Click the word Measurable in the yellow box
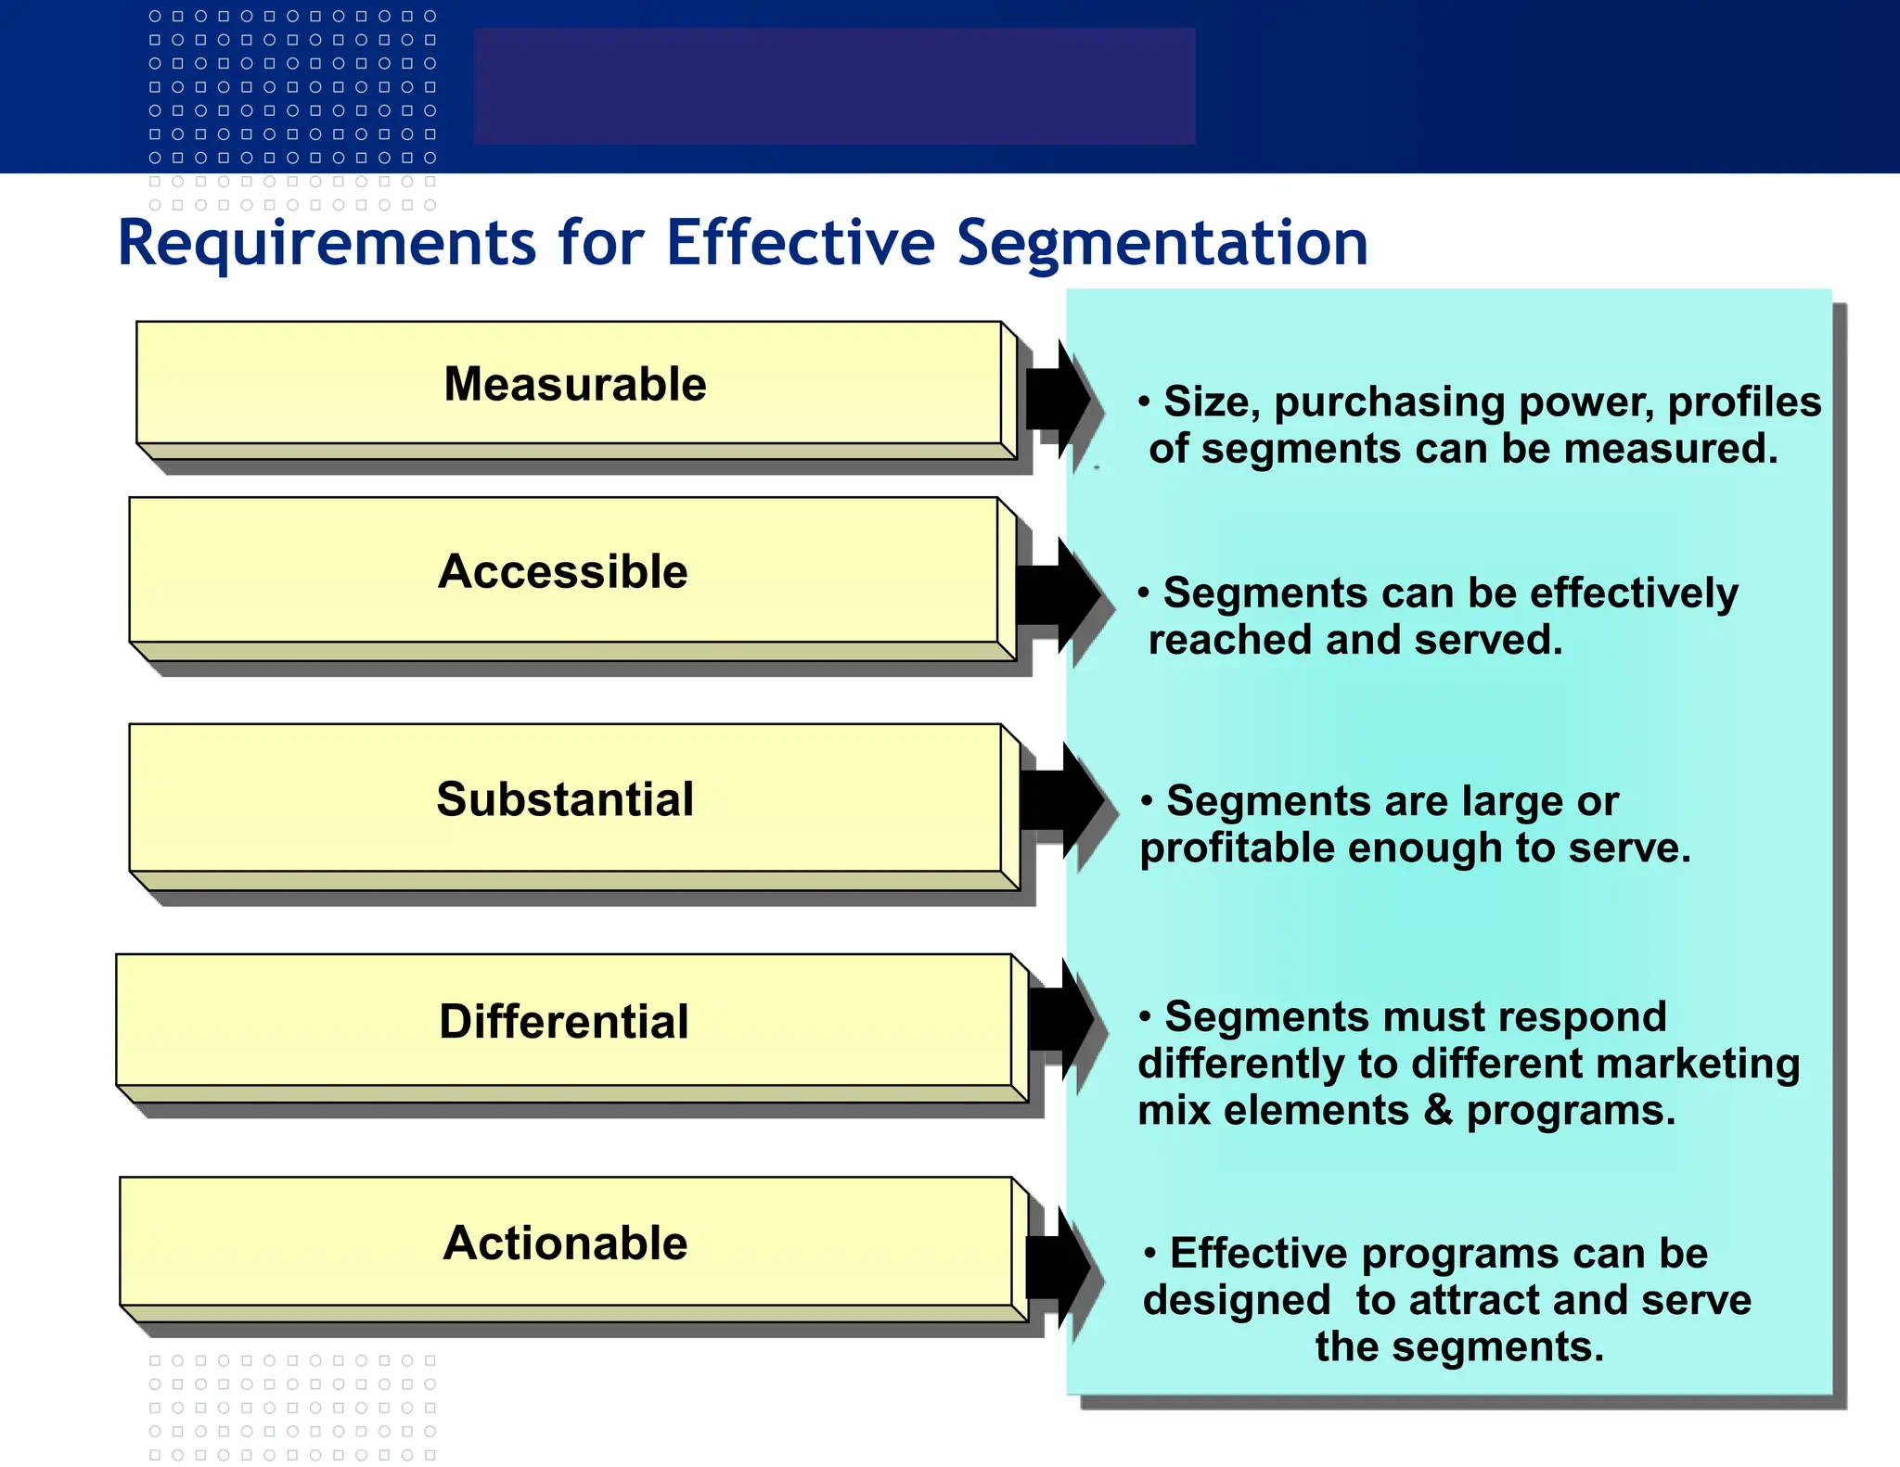[x=575, y=385]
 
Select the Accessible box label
[x=563, y=571]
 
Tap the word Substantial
[x=565, y=799]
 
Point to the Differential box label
[x=564, y=1022]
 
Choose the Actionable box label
[x=565, y=1244]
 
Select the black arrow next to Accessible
[x=1058, y=595]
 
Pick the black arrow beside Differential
[x=1062, y=1019]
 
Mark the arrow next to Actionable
[x=1059, y=1268]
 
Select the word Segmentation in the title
[x=1162, y=243]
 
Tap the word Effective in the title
[x=801, y=243]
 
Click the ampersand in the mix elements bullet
[x=1438, y=1110]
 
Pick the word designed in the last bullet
[x=1237, y=1300]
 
